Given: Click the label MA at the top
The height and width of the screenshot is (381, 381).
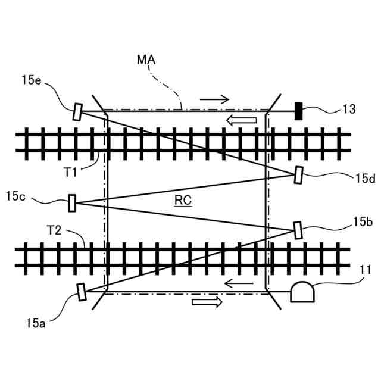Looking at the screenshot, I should point(146,60).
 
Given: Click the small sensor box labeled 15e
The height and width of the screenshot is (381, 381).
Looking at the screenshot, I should point(77,112).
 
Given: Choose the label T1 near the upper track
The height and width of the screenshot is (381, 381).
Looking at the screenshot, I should point(71,172).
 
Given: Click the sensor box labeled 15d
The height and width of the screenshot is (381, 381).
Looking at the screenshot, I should point(299,175).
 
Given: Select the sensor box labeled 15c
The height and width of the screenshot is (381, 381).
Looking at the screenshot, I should point(73,203).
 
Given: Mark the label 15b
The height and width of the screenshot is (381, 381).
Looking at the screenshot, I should point(363,222).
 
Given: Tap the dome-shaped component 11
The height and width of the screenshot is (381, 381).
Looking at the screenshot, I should point(302,292).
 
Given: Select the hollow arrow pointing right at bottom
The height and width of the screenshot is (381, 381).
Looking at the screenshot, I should point(207,302).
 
